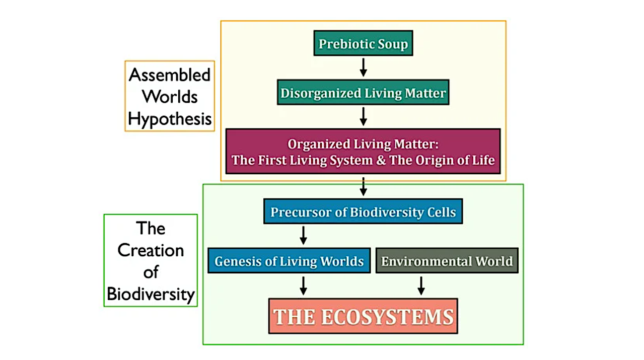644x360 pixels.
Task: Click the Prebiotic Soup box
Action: tap(363, 43)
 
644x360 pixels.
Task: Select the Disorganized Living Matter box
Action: tap(363, 93)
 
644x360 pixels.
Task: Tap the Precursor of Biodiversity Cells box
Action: tap(363, 211)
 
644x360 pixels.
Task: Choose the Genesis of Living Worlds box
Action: tap(289, 261)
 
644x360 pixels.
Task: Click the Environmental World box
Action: tap(447, 261)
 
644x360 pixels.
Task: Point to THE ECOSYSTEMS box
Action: tap(363, 316)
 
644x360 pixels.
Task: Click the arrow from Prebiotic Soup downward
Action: tap(363, 67)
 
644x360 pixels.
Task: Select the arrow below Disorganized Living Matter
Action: tap(363, 116)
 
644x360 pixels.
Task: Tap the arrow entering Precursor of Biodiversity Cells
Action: tap(363, 186)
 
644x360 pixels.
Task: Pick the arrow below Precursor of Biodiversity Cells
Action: tap(303, 235)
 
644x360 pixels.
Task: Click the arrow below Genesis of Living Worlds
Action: tap(303, 285)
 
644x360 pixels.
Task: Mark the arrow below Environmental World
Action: tap(421, 285)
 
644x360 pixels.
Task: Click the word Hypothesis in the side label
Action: tap(170, 119)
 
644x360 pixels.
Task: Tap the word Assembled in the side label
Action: tap(170, 75)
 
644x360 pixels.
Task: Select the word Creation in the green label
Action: tap(151, 250)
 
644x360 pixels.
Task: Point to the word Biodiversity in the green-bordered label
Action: tap(151, 294)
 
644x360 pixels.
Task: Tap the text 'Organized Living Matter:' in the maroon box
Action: tap(363, 144)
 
